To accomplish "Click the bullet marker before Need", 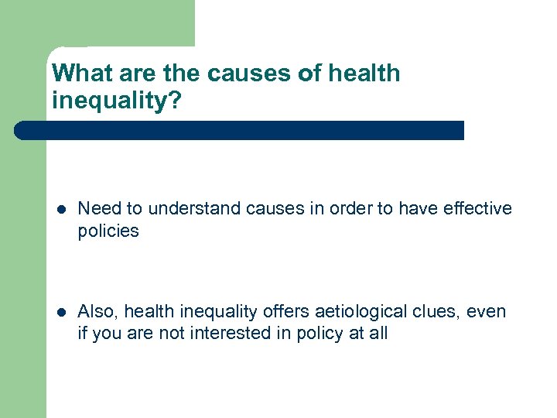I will pyautogui.click(x=61, y=209).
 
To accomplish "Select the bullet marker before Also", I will pyautogui.click(x=61, y=312).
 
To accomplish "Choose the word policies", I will pyautogui.click(x=108, y=230).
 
